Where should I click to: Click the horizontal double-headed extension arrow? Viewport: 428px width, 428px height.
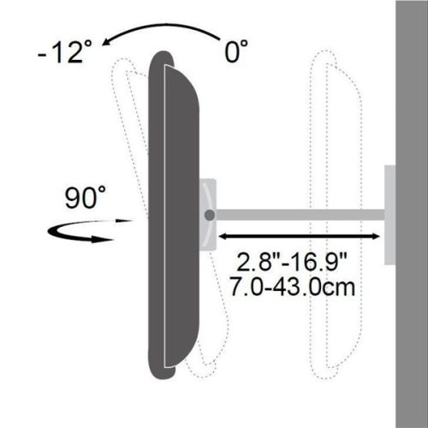[300, 234]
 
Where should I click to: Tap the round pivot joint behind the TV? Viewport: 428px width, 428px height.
[210, 214]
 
